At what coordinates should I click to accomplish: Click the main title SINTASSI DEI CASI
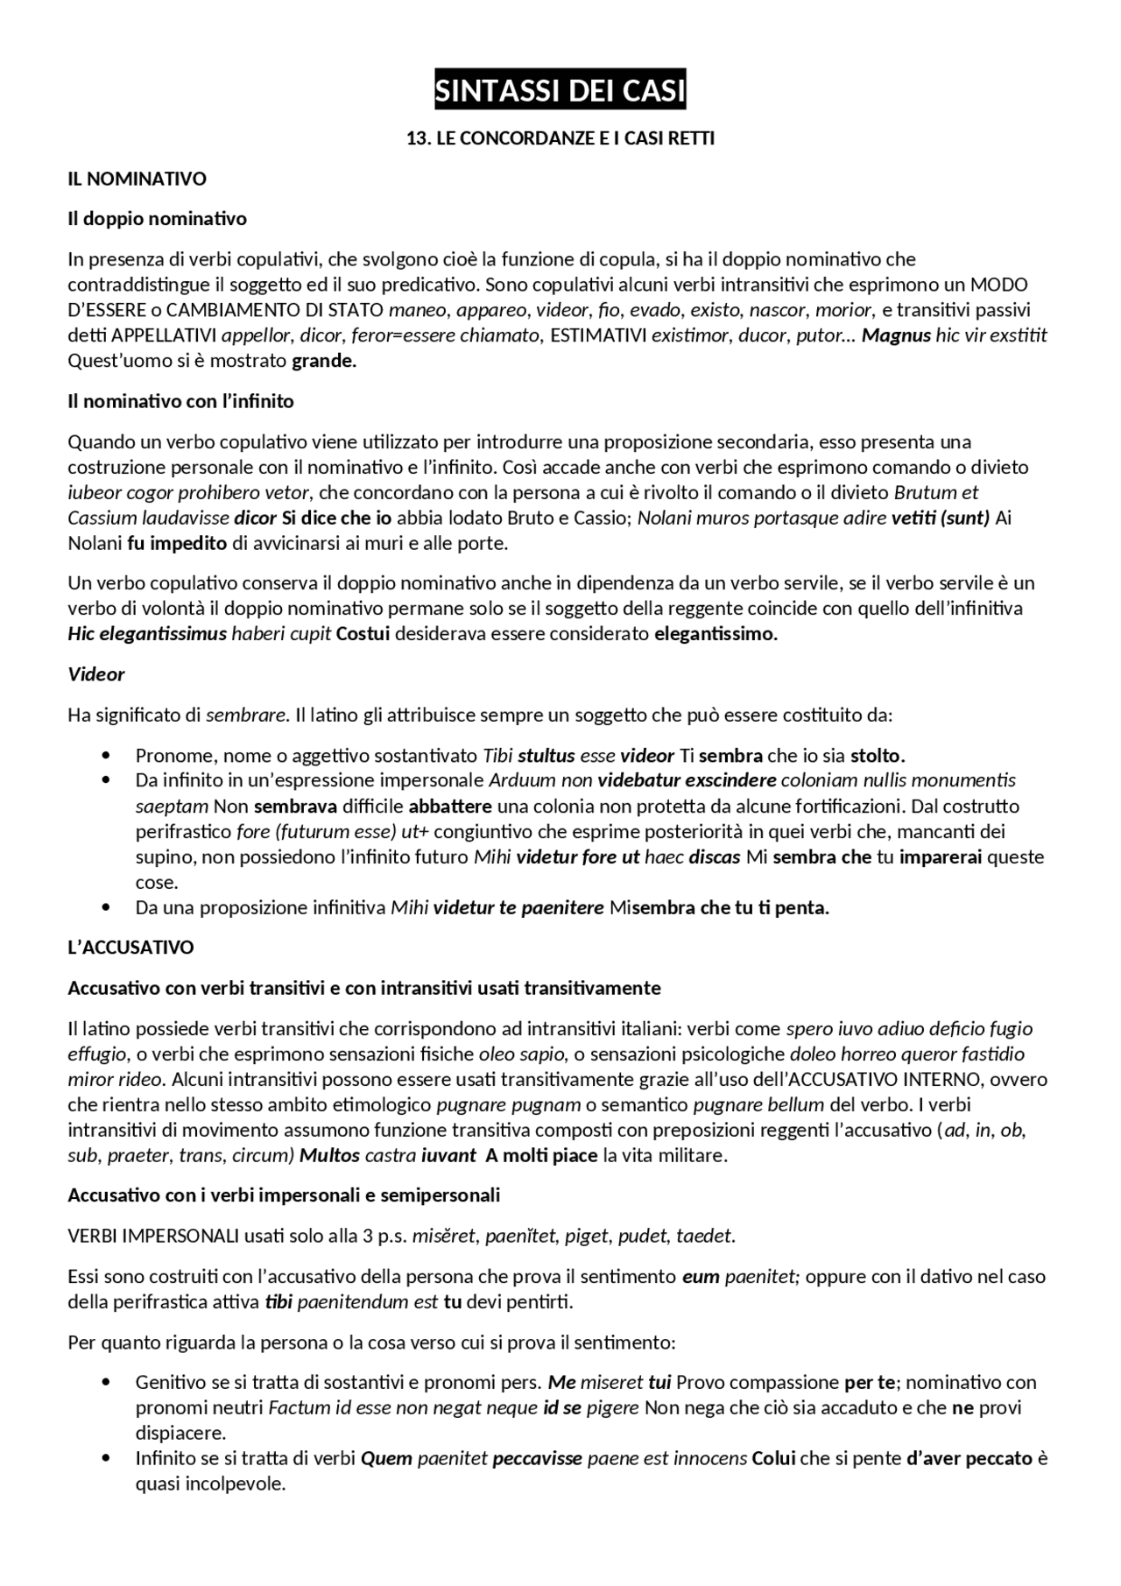560,91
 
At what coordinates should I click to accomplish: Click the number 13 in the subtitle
417,138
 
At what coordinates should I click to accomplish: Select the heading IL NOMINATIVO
137,179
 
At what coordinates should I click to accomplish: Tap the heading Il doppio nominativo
157,218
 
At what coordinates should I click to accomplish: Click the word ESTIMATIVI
598,335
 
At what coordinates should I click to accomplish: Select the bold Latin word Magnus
896,335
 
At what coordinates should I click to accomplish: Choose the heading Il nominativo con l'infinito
180,401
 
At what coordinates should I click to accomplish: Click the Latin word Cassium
102,518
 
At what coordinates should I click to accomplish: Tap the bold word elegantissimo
716,634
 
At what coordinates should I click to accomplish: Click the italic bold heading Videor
96,674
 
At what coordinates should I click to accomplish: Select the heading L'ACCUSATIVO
130,948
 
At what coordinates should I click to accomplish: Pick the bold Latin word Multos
329,1155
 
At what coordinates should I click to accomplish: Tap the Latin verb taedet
708,1236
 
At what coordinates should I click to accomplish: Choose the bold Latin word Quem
386,1458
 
